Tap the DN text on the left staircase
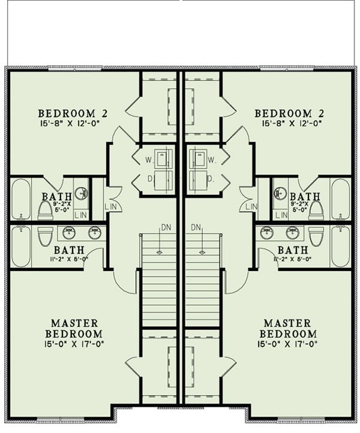coord(166,227)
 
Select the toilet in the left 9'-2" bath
coord(46,210)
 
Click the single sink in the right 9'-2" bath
coord(280,193)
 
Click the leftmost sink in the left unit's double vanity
coord(69,233)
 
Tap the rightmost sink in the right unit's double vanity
coord(292,233)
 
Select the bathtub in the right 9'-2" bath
coord(340,199)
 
